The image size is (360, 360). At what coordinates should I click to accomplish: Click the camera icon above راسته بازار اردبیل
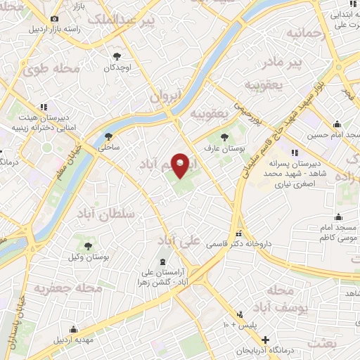coord(55,19)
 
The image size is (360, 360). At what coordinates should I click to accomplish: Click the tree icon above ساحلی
coord(108,137)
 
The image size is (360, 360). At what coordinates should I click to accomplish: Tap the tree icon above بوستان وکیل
coord(88,246)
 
